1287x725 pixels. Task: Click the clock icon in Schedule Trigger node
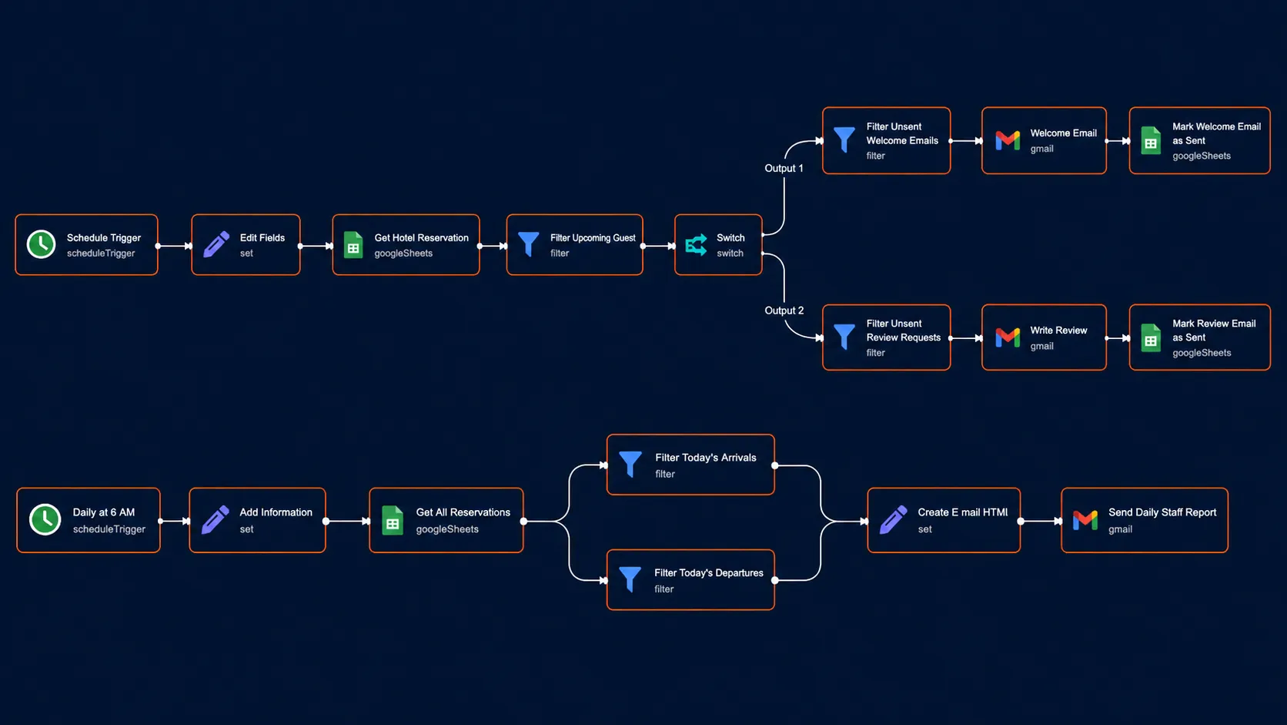42,244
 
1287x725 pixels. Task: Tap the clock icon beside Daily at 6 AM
45,520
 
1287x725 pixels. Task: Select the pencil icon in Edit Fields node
216,244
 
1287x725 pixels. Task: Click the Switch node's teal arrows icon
696,245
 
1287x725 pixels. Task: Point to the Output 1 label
784,169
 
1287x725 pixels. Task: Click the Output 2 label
784,310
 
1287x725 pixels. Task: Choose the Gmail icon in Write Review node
1008,337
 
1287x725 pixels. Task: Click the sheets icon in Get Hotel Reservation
353,245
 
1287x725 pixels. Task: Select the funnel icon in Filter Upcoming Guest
528,243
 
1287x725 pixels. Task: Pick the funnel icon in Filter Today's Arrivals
630,464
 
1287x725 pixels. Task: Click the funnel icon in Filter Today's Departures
630,579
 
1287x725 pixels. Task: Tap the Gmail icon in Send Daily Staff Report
1085,520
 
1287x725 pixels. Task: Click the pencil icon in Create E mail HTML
894,520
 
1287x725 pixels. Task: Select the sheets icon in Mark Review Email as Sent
1151,337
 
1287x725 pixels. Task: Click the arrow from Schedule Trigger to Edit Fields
175,246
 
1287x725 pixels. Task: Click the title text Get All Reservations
463,512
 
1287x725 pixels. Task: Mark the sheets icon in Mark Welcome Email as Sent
1151,141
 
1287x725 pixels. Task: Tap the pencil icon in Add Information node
216,520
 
